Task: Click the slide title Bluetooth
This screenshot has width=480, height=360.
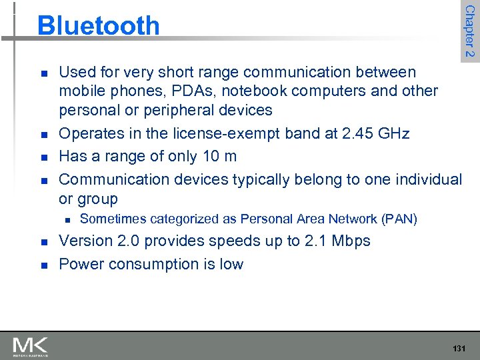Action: pyautogui.click(x=99, y=25)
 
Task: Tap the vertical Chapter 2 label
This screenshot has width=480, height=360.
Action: pyautogui.click(x=469, y=30)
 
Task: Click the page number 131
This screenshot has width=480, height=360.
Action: pyautogui.click(x=459, y=349)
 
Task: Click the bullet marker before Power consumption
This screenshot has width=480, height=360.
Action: pyautogui.click(x=43, y=265)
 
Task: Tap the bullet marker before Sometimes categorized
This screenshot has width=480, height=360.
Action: pyautogui.click(x=65, y=219)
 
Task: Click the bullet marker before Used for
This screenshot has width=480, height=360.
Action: pyautogui.click(x=43, y=73)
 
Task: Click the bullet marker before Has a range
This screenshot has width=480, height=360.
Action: pyautogui.click(x=43, y=157)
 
